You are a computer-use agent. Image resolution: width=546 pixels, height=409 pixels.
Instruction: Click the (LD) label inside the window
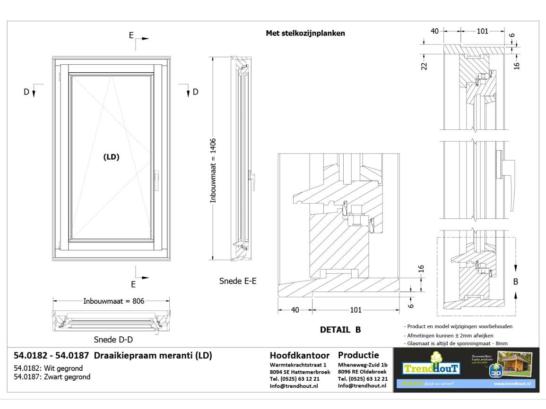[111, 158]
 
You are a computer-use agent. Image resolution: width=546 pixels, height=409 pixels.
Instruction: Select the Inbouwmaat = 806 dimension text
[113, 301]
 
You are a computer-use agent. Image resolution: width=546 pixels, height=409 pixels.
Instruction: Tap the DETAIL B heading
[340, 329]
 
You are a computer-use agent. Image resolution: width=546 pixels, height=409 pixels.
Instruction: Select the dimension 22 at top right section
[424, 66]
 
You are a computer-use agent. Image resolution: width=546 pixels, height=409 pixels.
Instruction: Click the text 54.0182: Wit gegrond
[49, 368]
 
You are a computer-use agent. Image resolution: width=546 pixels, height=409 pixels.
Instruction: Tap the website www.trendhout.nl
[512, 383]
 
